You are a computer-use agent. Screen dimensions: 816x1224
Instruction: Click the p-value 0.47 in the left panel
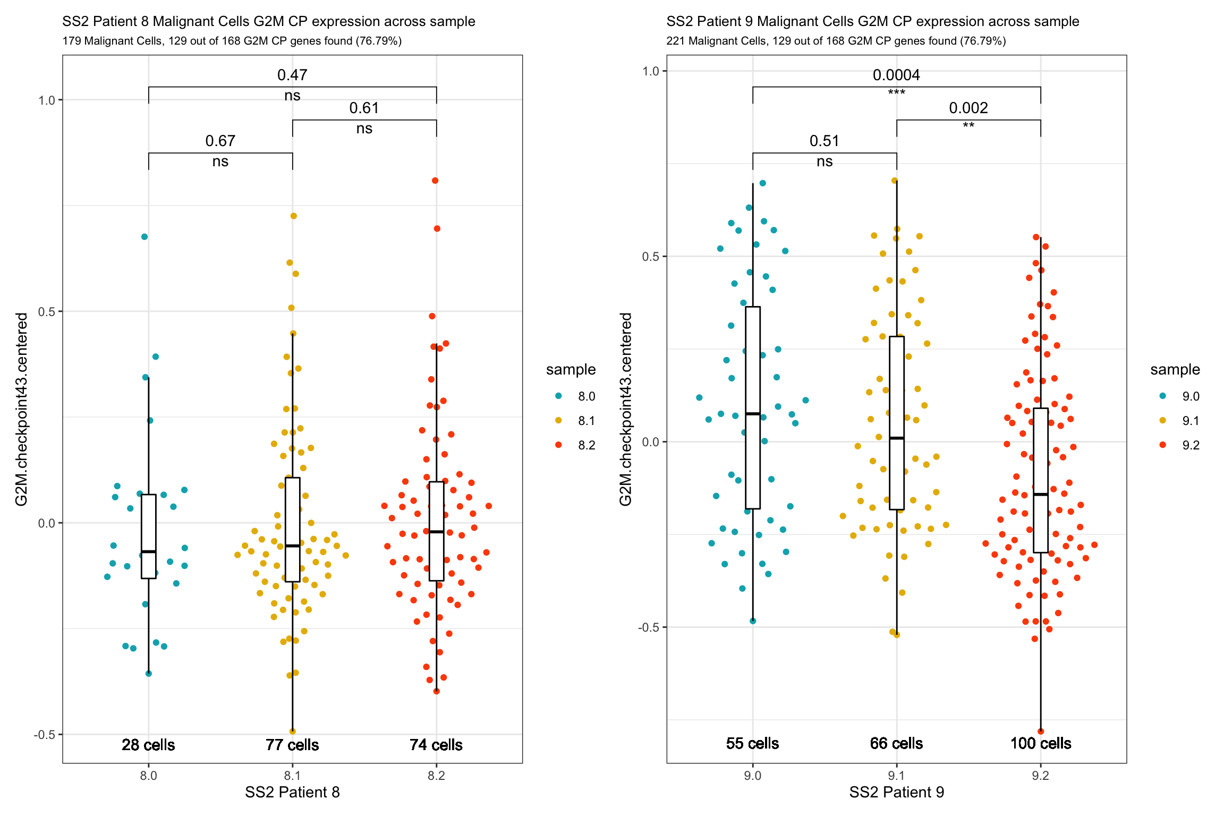[x=292, y=75]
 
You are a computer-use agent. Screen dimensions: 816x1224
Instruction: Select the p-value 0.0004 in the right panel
[x=896, y=75]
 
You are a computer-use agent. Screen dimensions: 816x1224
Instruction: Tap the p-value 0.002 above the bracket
[x=968, y=108]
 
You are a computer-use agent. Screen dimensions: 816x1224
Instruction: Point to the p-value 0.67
[x=220, y=141]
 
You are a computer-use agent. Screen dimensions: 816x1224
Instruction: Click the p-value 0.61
[x=364, y=108]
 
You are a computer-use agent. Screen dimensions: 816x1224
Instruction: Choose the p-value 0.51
[x=824, y=141]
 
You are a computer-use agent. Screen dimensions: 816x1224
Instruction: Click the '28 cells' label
[x=148, y=745]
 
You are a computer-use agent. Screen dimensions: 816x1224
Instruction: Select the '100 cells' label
[x=1040, y=743]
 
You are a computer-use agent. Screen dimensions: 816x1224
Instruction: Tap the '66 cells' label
[x=896, y=743]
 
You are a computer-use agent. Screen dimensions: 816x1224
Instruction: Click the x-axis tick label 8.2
[x=436, y=776]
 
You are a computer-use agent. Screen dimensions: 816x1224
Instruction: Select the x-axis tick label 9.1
[x=896, y=776]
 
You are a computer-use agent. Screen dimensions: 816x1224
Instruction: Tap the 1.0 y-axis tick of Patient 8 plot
[x=47, y=100]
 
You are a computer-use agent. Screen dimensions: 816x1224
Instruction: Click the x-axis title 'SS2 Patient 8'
[x=292, y=793]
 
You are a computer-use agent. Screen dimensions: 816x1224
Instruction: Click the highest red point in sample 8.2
[x=435, y=181]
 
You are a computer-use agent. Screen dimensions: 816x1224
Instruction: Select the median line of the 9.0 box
[x=753, y=413]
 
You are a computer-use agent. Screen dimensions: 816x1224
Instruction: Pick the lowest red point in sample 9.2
[x=1041, y=732]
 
